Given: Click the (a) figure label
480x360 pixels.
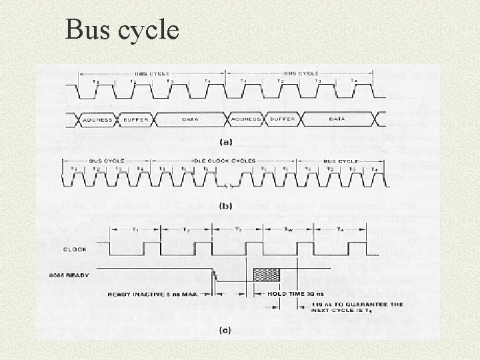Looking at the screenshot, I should [x=226, y=141].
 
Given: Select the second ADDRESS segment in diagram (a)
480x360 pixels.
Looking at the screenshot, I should [x=246, y=119].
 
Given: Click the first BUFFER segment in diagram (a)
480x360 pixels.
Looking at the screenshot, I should [x=136, y=119].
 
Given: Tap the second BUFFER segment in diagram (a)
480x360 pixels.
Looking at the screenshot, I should [x=283, y=119].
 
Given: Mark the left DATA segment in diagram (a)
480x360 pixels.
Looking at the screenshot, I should [x=191, y=119].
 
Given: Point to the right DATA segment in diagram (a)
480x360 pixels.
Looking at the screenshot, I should [x=337, y=119].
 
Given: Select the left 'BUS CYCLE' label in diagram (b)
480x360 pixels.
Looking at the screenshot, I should [x=103, y=161].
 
